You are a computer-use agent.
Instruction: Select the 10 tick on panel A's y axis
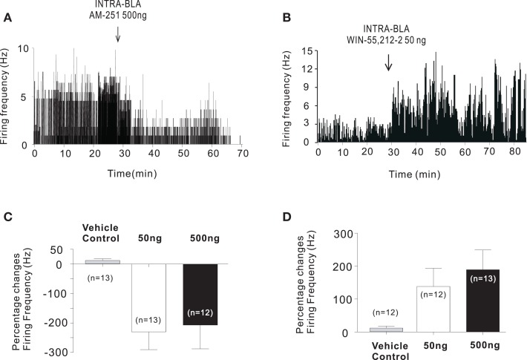[x=24, y=48]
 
